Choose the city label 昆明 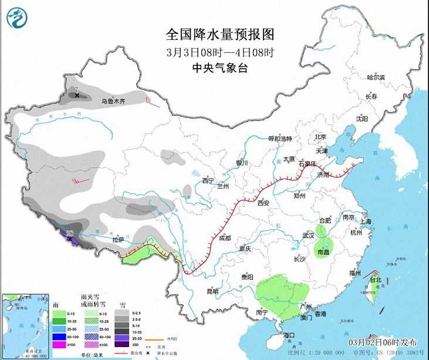point(212,291)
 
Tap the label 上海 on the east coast point(365,221)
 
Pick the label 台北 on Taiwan point(375,280)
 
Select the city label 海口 point(288,335)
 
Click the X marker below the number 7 point(76,95)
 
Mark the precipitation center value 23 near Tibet point(70,234)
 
